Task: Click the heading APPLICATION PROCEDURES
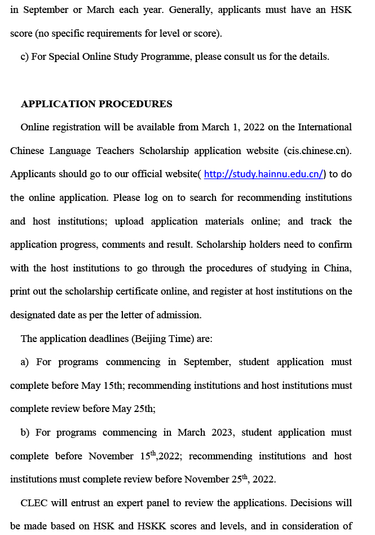pos(96,104)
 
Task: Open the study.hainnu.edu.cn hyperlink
pos(264,174)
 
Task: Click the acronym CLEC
pos(35,503)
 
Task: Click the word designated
pos(35,315)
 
